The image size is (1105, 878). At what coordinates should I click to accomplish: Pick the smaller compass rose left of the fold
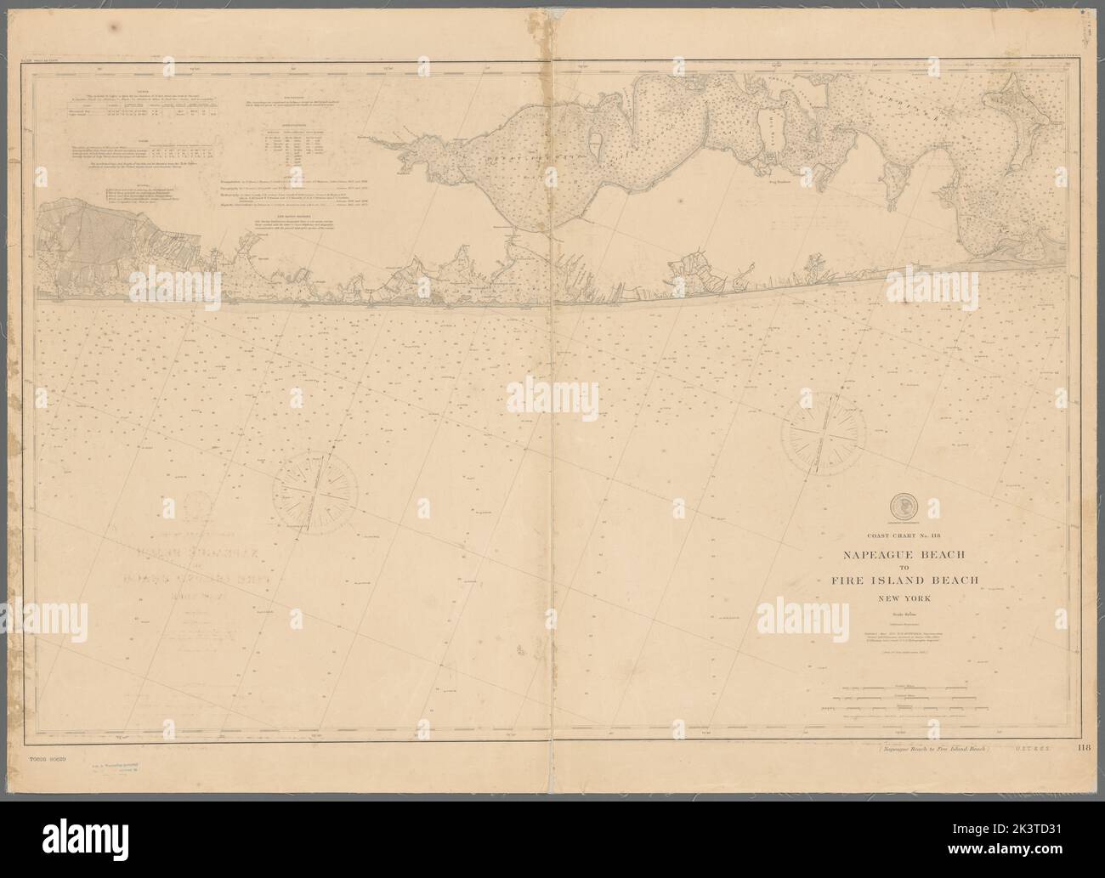[315, 491]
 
